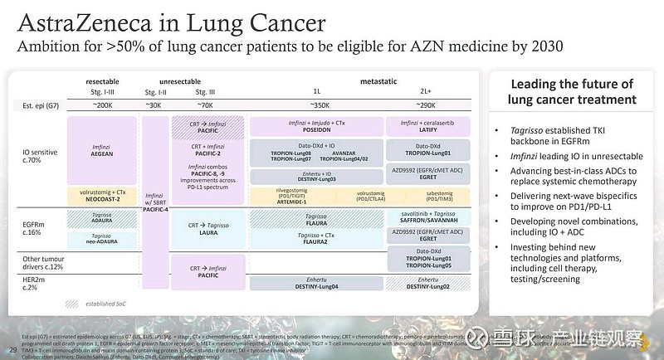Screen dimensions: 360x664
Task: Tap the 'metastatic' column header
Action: [378, 82]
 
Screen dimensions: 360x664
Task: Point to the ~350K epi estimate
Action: [317, 105]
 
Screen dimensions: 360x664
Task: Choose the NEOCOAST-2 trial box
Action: [102, 196]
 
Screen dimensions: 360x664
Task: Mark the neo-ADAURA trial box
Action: [102, 238]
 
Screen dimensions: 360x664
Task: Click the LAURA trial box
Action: [209, 230]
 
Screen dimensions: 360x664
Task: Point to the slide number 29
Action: [12, 348]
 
